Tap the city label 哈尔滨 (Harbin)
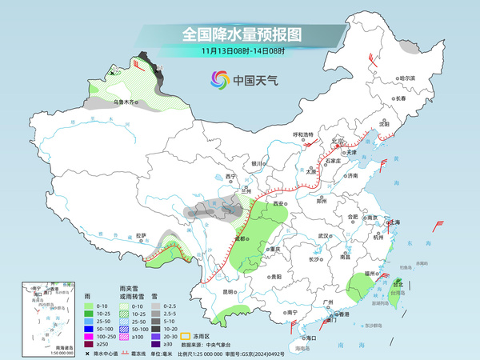(408, 78)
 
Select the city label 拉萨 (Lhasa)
(142, 235)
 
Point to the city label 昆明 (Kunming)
(230, 291)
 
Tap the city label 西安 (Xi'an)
(278, 205)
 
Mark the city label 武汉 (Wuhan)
(322, 236)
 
